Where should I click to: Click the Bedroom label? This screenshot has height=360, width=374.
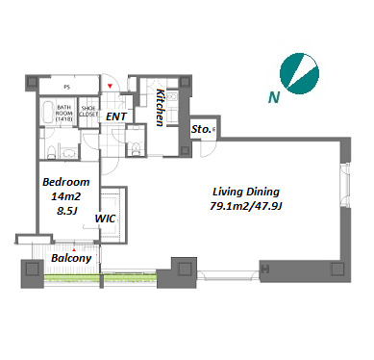[x=66, y=182]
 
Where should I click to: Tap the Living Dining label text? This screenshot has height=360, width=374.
[x=246, y=192]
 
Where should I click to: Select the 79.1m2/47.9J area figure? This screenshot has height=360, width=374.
[x=246, y=206]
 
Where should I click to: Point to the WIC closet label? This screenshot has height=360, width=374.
[x=105, y=219]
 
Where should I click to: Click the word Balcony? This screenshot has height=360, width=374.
[x=71, y=258]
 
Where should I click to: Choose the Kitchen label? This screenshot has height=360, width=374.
[x=160, y=108]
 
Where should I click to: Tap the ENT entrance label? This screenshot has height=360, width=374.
[x=116, y=116]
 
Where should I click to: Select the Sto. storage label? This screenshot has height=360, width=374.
[x=201, y=129]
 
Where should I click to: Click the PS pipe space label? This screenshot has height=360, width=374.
[x=66, y=87]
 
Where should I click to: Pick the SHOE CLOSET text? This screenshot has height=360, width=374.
[x=88, y=112]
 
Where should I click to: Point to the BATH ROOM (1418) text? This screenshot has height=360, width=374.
[x=64, y=113]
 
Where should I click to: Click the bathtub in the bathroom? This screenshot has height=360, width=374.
[x=47, y=113]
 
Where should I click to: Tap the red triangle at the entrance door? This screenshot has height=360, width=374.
[x=110, y=86]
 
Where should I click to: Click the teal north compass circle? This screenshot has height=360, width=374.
[x=299, y=74]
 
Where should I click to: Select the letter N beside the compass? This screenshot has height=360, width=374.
[x=274, y=97]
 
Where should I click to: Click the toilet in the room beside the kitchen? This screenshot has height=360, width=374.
[x=136, y=147]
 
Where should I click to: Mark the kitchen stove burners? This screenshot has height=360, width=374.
[x=172, y=96]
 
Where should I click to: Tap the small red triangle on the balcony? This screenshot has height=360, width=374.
[x=74, y=249]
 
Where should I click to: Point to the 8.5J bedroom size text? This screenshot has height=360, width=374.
[x=66, y=211]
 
